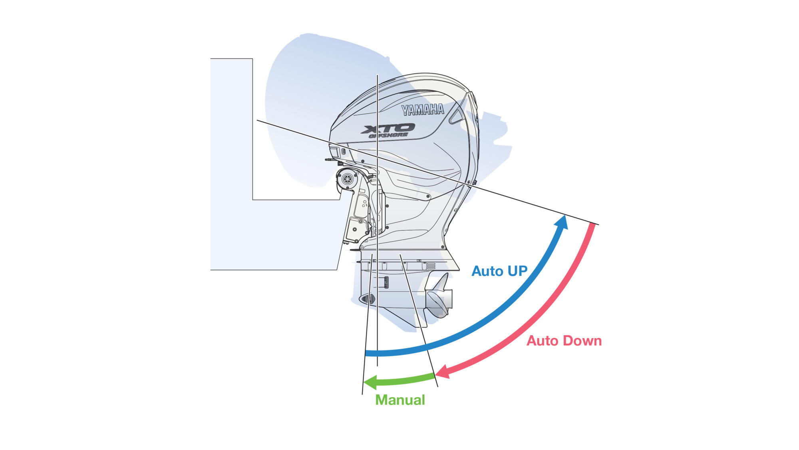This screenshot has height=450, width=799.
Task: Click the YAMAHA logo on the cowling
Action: tap(422, 109)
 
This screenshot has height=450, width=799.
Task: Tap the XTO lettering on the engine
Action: tap(388, 128)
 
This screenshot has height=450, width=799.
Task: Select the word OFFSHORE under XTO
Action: tap(388, 136)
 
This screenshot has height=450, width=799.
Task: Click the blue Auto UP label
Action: tap(499, 271)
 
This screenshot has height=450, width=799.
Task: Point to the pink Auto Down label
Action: tap(564, 341)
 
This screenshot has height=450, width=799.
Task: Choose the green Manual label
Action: tap(400, 400)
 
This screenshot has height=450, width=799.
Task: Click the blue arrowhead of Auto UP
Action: tap(562, 222)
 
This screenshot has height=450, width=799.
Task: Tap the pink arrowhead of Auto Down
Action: tap(442, 372)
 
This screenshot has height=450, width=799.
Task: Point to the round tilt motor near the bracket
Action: tap(347, 178)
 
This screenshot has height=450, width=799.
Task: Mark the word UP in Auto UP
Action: tap(517, 271)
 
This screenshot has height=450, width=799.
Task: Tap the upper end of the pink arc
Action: tap(592, 226)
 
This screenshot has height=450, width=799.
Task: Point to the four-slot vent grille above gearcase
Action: tap(431, 266)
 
